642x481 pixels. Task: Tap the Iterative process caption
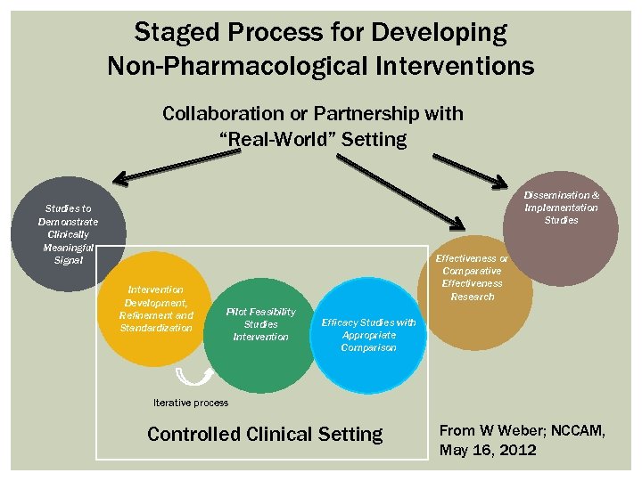click(190, 403)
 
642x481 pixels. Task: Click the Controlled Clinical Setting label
click(264, 435)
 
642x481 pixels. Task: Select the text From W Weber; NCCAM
click(522, 431)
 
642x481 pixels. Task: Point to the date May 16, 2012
click(488, 450)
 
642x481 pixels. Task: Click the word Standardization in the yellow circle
click(156, 328)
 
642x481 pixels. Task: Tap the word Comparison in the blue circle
click(368, 347)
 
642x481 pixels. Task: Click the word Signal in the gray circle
click(68, 260)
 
